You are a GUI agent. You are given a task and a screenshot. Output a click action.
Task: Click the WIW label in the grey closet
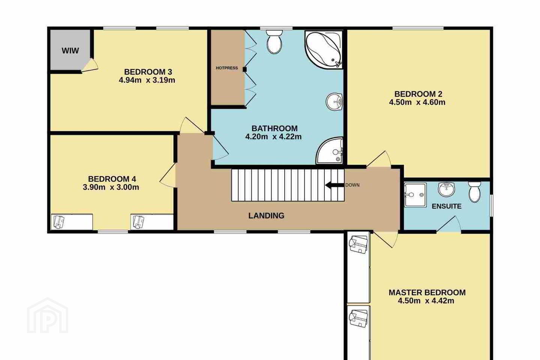(70, 51)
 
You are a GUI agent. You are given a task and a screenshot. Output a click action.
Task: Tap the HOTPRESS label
(227, 68)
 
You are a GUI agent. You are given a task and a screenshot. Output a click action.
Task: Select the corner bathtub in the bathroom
(323, 49)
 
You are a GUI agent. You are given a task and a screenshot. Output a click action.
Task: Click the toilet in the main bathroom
(274, 42)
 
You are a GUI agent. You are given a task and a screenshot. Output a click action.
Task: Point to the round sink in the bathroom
(334, 102)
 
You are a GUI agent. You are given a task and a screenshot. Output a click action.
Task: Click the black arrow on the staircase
(334, 185)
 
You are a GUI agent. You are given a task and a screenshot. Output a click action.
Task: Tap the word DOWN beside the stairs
(352, 185)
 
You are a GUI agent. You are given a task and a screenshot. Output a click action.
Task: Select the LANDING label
(266, 216)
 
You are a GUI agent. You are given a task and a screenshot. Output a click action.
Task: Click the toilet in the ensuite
(474, 192)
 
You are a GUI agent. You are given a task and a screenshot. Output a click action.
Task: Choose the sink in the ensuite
(447, 189)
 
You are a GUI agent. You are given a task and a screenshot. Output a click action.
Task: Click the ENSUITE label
(447, 206)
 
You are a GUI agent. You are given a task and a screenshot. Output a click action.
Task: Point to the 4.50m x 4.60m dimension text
(417, 102)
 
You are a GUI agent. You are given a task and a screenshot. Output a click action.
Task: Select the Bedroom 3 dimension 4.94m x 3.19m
(147, 80)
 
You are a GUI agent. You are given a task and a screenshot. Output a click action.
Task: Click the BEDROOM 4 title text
(112, 179)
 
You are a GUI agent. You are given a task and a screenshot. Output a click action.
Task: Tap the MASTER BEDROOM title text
(427, 292)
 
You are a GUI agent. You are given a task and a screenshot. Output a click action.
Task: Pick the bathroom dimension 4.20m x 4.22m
(273, 137)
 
